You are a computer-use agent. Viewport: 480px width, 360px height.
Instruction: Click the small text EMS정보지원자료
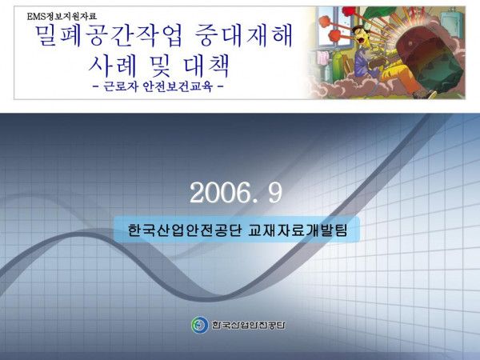(62, 16)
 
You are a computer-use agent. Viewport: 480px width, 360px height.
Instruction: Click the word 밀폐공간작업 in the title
(110, 36)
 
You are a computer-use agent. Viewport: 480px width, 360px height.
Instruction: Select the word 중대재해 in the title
(244, 36)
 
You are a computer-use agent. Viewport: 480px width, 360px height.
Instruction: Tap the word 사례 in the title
(112, 66)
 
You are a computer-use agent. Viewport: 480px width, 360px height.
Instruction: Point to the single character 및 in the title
(159, 66)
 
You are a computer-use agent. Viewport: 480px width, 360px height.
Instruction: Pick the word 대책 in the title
(206, 66)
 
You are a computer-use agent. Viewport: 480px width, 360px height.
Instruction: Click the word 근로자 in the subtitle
(120, 86)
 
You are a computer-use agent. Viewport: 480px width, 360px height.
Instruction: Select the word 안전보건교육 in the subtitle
(178, 86)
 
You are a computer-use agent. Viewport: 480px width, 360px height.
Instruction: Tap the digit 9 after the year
(275, 193)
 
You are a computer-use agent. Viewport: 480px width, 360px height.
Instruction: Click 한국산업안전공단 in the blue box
(185, 230)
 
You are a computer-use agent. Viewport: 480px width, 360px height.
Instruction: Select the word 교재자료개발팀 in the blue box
(298, 230)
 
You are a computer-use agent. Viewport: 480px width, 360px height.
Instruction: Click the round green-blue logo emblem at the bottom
(200, 325)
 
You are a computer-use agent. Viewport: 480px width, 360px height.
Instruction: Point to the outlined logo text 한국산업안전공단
(248, 325)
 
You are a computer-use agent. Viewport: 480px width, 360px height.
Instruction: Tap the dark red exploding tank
(429, 60)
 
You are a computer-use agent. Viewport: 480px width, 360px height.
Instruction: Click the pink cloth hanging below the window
(322, 58)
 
